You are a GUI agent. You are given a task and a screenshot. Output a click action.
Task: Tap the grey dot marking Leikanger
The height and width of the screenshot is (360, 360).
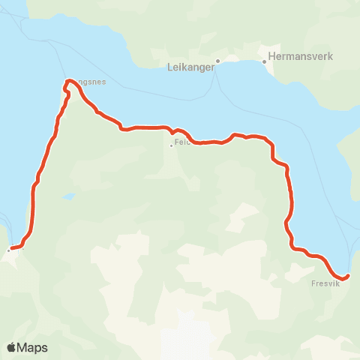click(217, 61)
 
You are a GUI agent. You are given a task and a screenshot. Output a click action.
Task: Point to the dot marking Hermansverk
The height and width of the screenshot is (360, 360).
click(264, 62)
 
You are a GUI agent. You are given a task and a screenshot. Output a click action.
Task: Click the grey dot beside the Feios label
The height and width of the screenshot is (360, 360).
click(171, 145)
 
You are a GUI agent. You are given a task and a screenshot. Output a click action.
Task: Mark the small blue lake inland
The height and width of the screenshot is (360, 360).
click(68, 196)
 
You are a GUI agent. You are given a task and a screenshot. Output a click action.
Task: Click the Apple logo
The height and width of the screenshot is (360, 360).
click(12, 347)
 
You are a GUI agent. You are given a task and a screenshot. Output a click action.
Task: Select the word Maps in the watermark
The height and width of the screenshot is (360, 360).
click(32, 347)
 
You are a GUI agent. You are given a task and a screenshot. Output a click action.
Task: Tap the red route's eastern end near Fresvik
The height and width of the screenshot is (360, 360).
click(346, 276)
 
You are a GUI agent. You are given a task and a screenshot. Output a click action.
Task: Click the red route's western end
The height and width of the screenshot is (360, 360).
click(11, 248)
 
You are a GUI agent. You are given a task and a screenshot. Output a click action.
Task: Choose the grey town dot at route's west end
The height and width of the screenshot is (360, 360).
click(9, 250)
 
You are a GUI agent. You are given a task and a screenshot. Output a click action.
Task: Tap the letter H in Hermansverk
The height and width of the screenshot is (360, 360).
click(271, 55)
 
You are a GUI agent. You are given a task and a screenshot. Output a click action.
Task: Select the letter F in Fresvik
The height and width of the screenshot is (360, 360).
click(313, 284)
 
